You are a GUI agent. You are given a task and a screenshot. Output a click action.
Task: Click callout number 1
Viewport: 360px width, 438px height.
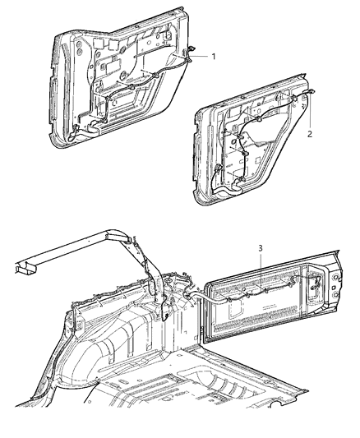(x=214, y=58)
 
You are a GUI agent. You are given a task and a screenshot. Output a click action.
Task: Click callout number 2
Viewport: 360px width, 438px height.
(x=309, y=131)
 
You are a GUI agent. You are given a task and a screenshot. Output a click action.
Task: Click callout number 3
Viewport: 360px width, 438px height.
(x=261, y=248)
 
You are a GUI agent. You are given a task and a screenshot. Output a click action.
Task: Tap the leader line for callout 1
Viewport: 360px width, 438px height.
(x=202, y=57)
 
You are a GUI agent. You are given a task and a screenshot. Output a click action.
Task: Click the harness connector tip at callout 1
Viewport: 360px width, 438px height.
(x=191, y=55)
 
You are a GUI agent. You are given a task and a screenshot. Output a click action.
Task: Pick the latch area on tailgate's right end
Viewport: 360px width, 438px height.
(x=316, y=288)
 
